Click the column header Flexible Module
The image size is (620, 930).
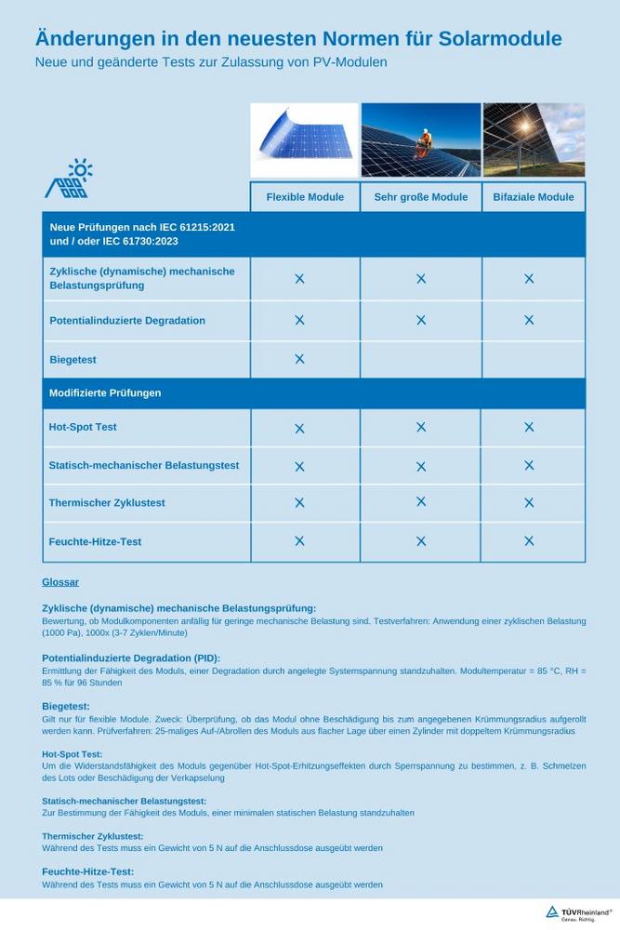(x=305, y=197)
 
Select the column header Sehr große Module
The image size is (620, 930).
(x=421, y=197)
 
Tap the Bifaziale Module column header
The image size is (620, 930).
(x=534, y=197)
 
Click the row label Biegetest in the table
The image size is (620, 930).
(x=73, y=360)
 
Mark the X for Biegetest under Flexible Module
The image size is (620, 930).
(x=299, y=359)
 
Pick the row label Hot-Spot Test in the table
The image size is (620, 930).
(x=83, y=427)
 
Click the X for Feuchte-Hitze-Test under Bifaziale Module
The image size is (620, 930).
(x=529, y=540)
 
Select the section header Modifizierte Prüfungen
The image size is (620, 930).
(x=105, y=392)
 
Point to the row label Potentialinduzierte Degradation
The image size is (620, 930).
(x=127, y=320)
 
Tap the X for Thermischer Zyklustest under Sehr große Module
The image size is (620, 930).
(x=421, y=502)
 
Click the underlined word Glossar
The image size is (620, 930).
(x=60, y=582)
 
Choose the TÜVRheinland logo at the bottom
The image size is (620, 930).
(x=578, y=913)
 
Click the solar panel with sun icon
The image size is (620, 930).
(x=69, y=179)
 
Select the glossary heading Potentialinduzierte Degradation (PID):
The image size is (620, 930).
(x=131, y=658)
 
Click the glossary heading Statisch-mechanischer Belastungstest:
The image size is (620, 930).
(x=124, y=801)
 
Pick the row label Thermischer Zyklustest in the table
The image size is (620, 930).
(x=107, y=503)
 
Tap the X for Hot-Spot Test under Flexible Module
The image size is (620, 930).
(x=299, y=429)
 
